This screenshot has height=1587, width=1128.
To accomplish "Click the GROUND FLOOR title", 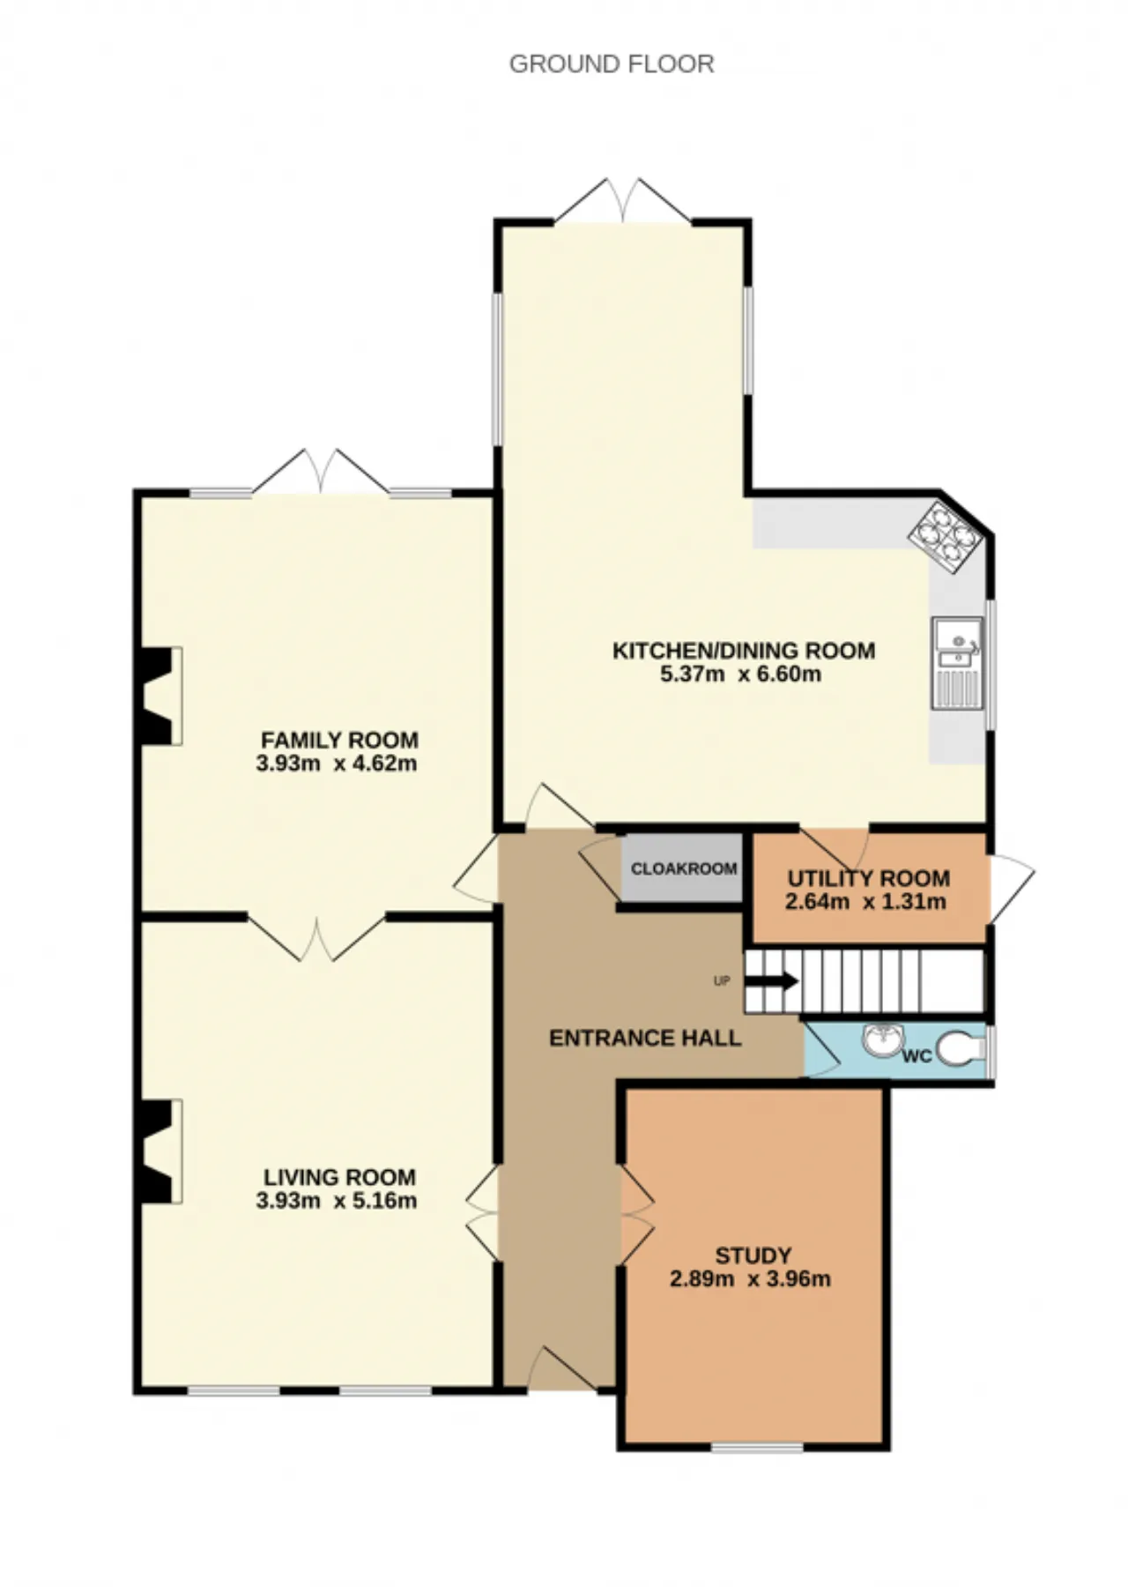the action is [612, 64].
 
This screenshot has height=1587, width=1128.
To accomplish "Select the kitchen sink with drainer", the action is [957, 662].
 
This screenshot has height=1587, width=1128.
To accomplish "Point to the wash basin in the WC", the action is [881, 1040].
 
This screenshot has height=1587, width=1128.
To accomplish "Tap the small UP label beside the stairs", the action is [722, 981].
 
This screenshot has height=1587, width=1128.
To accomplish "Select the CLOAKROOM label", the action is [684, 868].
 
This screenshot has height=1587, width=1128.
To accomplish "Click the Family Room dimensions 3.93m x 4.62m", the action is [337, 763].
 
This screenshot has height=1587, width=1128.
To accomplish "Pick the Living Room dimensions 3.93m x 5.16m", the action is [337, 1200].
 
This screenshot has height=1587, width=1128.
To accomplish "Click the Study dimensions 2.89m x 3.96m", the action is [750, 1278].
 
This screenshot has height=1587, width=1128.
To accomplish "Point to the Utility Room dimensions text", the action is [865, 901].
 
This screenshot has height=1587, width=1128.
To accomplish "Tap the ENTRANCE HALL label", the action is [645, 1038].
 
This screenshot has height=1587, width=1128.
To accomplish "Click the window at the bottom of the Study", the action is [757, 1447].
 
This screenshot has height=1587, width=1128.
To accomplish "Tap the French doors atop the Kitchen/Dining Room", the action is [624, 200].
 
